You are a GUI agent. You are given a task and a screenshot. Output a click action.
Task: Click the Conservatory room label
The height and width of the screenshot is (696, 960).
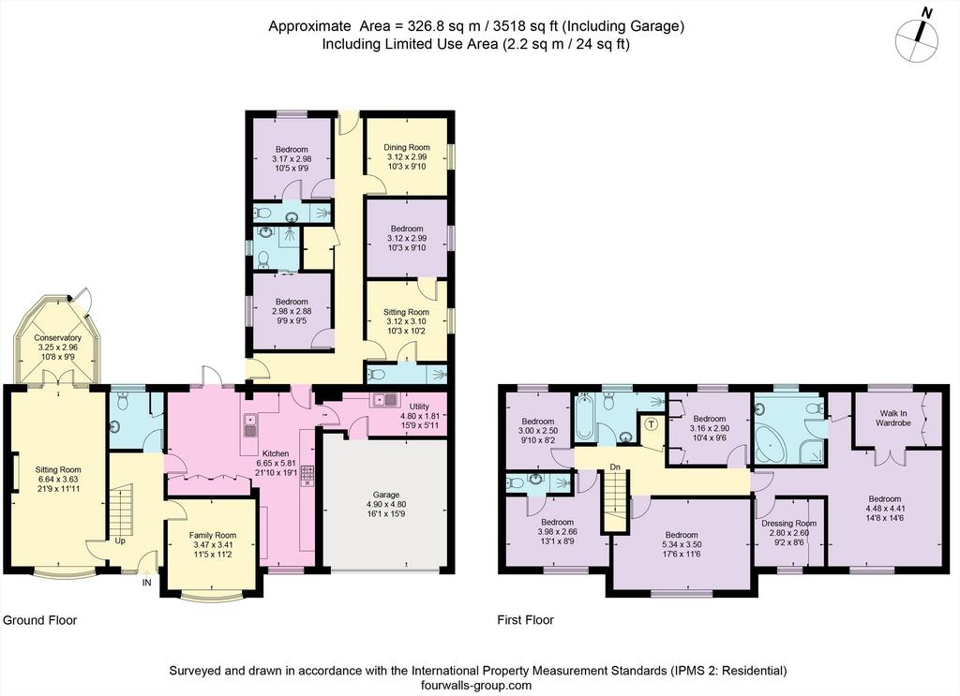pos(57,337)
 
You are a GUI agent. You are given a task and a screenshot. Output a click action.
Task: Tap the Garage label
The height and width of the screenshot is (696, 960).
pos(385,495)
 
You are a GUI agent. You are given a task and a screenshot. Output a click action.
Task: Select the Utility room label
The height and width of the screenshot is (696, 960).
pos(419,407)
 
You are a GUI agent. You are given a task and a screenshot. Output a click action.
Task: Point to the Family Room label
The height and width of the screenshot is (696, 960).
pos(213,535)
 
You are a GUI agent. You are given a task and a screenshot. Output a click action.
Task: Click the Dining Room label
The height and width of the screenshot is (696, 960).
pos(407,147)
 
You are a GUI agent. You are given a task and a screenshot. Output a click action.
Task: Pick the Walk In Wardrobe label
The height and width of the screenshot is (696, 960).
pos(892,418)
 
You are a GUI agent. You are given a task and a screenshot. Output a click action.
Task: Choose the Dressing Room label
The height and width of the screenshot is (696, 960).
pos(788,524)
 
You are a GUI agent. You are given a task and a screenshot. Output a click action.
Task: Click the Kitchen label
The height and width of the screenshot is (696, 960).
pos(276,453)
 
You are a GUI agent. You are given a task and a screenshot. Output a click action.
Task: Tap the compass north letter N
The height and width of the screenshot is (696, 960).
pos(927,13)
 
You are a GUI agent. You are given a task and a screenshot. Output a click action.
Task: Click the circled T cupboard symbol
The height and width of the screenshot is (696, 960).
pos(651,423)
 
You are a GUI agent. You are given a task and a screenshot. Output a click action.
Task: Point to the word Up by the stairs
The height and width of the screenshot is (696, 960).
pos(120,541)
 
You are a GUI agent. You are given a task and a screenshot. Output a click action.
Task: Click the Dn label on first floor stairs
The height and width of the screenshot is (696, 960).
pos(615,467)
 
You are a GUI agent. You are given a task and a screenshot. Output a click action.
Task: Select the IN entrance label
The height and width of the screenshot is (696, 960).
pos(147,583)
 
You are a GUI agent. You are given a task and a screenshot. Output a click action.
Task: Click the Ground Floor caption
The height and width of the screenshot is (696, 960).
pos(39,620)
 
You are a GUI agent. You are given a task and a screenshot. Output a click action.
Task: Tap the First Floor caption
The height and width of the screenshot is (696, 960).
pos(525,620)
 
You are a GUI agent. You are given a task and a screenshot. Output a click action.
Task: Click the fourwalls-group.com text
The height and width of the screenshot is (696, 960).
pos(477,686)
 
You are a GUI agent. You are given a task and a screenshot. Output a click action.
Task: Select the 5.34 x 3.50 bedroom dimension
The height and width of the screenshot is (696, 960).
pos(681,544)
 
